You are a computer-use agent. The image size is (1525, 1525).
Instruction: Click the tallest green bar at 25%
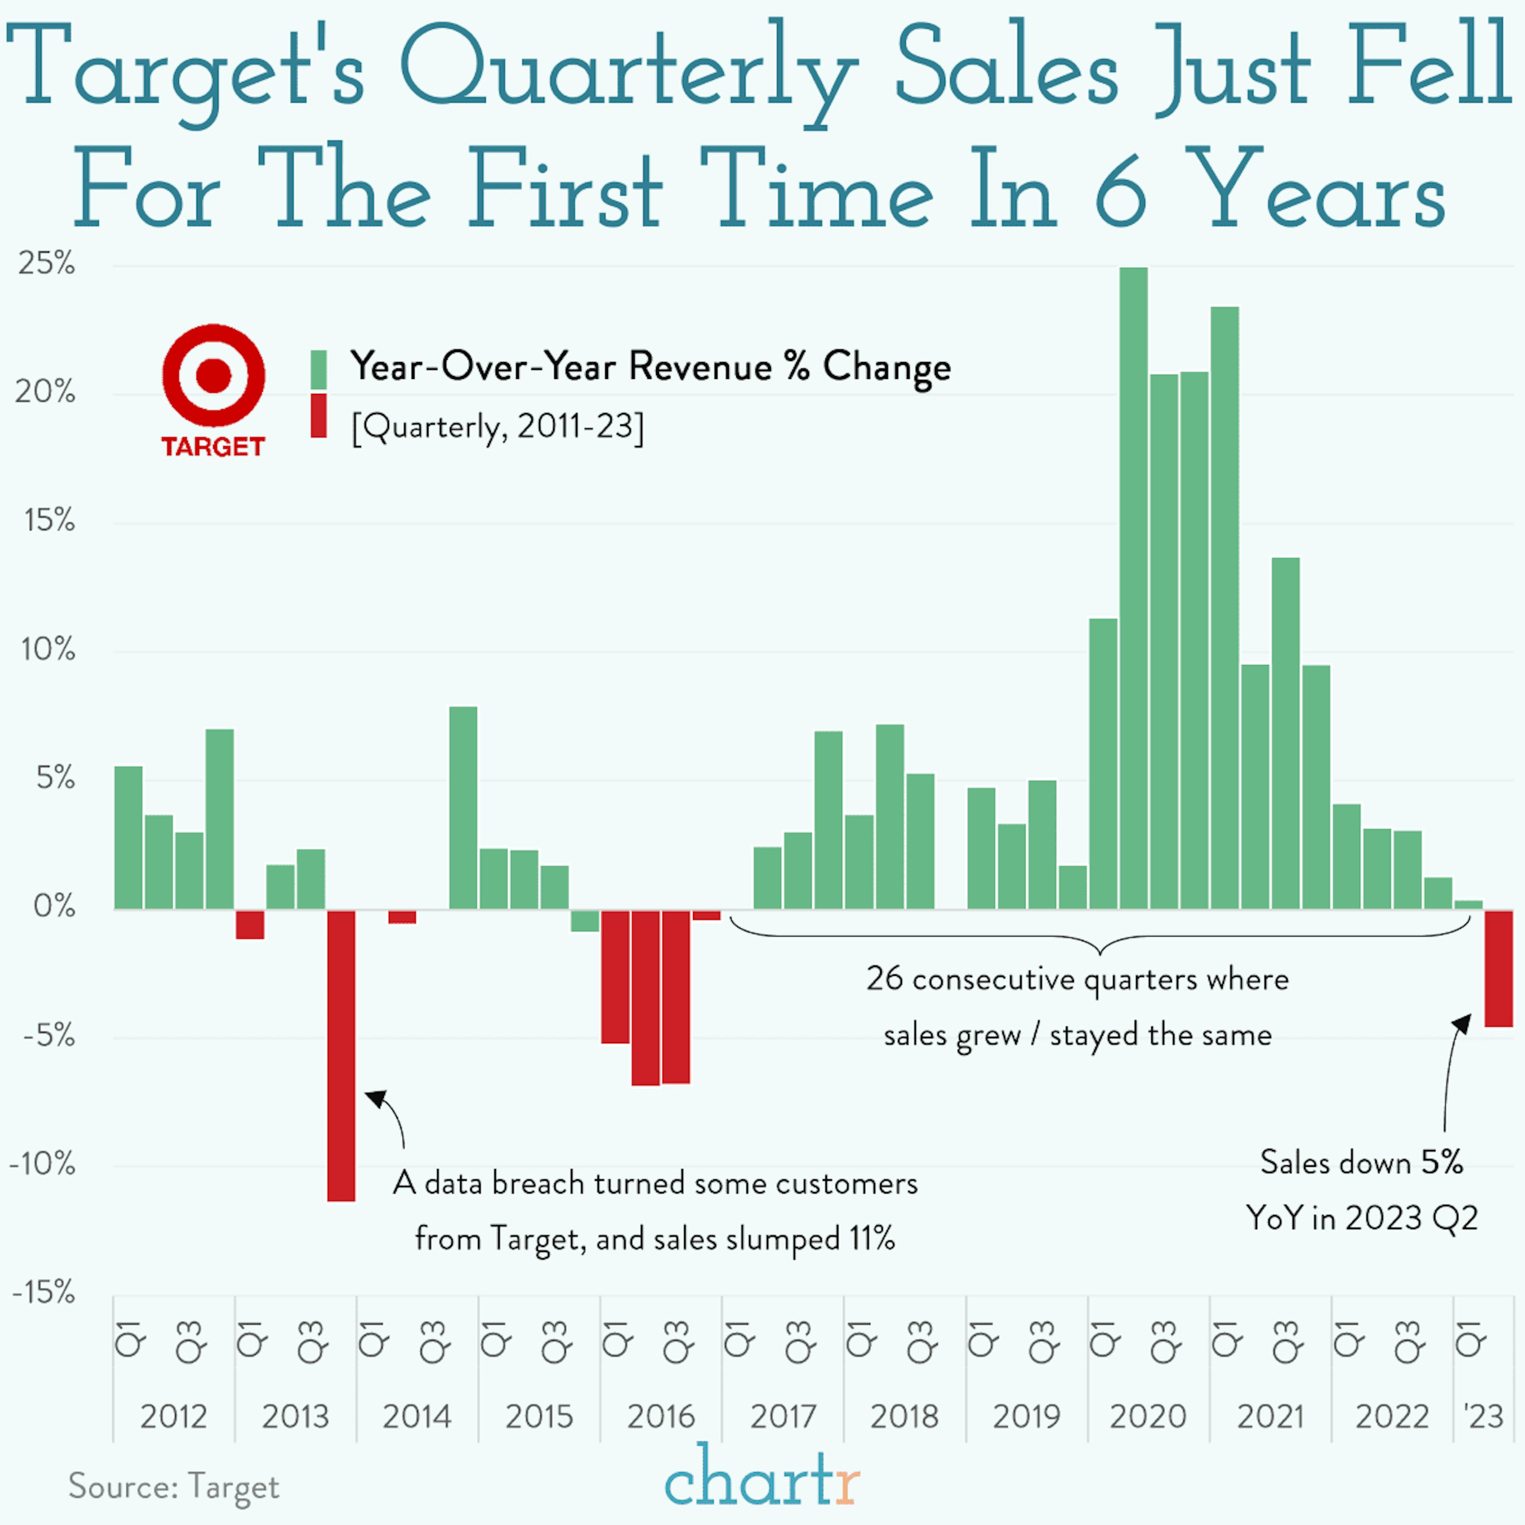coord(1133,588)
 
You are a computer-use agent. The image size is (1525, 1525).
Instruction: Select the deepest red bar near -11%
coord(341,1055)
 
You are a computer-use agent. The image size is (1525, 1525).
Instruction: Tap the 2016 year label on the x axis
coord(661,1417)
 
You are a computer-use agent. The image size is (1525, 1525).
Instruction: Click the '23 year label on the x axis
coord(1484,1417)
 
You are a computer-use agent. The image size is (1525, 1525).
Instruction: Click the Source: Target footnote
coord(174,1486)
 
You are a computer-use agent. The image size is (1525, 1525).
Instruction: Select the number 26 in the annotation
coord(884,979)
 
